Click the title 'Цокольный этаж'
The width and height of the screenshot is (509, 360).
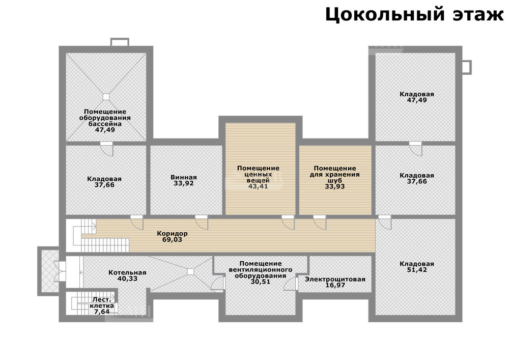tap(414, 15)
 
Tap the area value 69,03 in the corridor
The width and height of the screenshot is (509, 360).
tap(172, 240)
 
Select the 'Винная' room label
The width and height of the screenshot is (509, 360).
tap(184, 177)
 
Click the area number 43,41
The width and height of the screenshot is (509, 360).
tap(258, 186)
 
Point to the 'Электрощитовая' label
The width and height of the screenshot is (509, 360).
tap(335, 279)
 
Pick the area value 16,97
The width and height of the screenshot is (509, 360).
tap(335, 285)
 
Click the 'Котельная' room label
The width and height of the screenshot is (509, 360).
tap(127, 273)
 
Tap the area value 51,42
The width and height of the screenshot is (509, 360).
tap(417, 270)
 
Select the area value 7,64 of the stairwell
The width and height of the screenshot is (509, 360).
tap(102, 312)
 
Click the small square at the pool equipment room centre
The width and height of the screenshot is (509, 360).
tap(106, 97)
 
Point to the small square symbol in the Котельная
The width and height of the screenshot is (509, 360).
tap(190, 271)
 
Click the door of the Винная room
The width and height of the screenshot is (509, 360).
tap(201, 222)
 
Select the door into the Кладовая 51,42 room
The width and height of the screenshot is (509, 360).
tap(385, 222)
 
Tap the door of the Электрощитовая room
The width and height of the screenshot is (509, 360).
tap(291, 284)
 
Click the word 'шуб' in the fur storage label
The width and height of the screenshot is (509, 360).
tap(335, 180)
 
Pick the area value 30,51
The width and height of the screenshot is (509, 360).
tap(260, 282)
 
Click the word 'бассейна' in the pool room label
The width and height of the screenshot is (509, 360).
tap(105, 124)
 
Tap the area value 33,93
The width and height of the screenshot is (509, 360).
tap(335, 186)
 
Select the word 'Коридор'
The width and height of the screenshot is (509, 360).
tap(172, 234)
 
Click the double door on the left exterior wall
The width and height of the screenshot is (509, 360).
tap(61, 271)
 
